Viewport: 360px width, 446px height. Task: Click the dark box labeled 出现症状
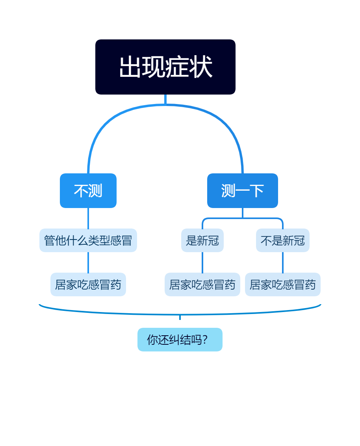tap(165, 67)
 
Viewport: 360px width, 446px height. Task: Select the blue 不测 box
tap(88, 191)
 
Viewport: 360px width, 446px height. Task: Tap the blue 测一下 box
tap(242, 191)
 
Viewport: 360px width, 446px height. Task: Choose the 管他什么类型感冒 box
tap(88, 240)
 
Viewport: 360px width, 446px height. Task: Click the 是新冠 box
tap(202, 240)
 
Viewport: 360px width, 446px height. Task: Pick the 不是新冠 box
tap(282, 240)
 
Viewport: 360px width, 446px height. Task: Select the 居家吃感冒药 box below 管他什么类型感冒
tap(88, 284)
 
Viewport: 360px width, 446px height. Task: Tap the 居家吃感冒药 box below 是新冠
tap(202, 284)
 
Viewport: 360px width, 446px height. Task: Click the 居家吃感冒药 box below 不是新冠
tap(282, 284)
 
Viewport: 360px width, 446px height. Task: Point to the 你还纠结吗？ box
tap(180, 340)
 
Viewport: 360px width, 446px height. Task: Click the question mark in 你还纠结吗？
tap(205, 340)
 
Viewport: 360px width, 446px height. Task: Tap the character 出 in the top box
tap(130, 67)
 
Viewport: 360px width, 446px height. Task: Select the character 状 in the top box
tap(201, 67)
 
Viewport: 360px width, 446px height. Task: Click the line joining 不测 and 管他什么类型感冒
tap(88, 218)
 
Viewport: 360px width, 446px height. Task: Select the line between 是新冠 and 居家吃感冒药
tap(202, 262)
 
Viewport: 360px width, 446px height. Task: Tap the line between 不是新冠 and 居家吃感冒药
tap(282, 262)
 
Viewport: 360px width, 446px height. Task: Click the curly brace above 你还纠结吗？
tap(118, 313)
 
